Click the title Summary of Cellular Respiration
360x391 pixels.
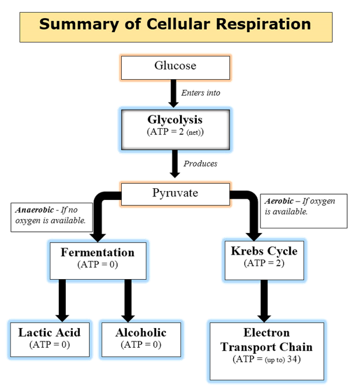[175, 25]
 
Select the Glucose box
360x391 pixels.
[175, 66]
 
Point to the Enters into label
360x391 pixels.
[200, 93]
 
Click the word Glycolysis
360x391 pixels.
[175, 119]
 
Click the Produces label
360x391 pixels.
[200, 164]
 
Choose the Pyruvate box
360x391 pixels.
[175, 192]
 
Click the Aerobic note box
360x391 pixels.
[305, 210]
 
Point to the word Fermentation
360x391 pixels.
[97, 253]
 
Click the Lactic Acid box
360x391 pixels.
[50, 338]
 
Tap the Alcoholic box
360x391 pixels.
[141, 338]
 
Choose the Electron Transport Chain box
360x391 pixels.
[266, 347]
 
